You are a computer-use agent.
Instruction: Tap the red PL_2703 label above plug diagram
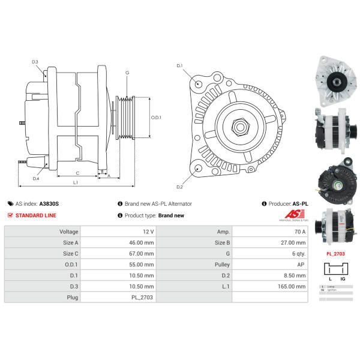click(x=335, y=253)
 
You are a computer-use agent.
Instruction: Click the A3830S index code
click(x=49, y=204)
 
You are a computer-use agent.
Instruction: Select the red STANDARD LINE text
click(x=36, y=215)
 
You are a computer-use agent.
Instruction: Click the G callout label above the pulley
click(x=127, y=73)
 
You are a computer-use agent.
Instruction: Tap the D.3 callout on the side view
click(x=35, y=62)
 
